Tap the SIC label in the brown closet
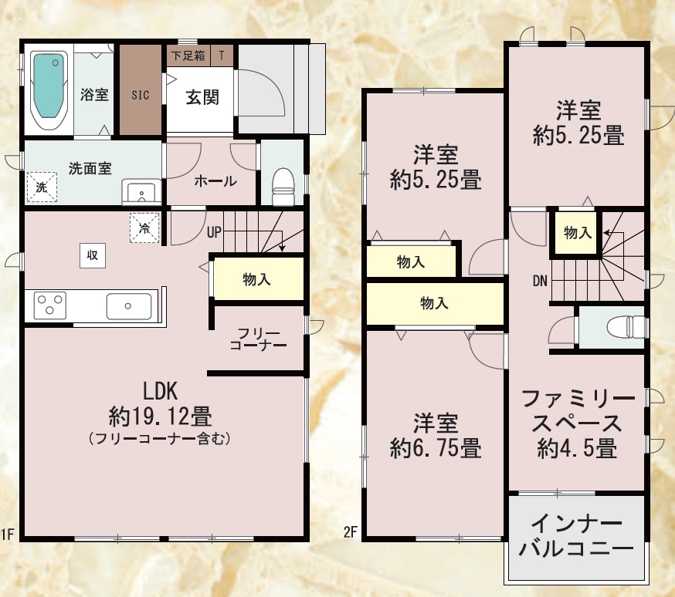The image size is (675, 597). click(x=141, y=95)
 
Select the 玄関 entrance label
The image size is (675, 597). click(x=202, y=97)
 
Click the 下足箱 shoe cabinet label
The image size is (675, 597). click(x=188, y=56)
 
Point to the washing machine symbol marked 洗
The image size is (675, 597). click(x=42, y=187)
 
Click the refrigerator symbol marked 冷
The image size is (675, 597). click(x=144, y=228)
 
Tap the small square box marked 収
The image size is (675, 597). click(x=93, y=255)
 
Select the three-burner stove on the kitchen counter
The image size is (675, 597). click(x=50, y=305)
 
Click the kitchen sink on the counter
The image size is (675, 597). click(x=128, y=306)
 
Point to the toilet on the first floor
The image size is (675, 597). click(x=283, y=186)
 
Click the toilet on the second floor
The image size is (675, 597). click(x=626, y=327)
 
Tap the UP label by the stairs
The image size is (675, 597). click(x=214, y=232)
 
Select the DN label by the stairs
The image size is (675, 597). click(x=540, y=281)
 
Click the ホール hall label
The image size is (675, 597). click(x=215, y=181)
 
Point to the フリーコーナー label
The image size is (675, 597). click(x=258, y=339)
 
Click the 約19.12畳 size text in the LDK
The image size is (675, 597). click(x=160, y=416)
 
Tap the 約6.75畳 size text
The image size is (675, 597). click(x=436, y=448)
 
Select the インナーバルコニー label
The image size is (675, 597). click(x=576, y=536)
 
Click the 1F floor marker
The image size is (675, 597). click(x=8, y=535)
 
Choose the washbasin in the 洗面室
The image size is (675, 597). click(x=141, y=192)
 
